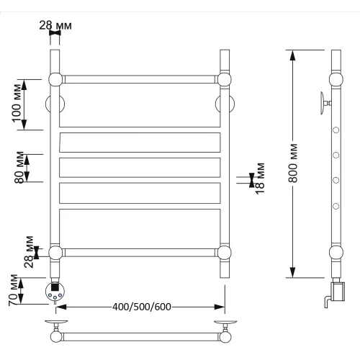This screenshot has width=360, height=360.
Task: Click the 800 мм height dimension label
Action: [x=294, y=163]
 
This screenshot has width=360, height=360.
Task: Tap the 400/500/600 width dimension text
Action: [x=142, y=307]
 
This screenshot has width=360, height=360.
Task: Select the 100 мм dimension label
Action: [x=17, y=103]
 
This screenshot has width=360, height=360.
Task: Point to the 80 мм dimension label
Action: [x=19, y=168]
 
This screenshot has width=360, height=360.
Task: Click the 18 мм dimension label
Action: [x=260, y=179]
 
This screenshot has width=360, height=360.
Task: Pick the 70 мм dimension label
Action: [x=13, y=290]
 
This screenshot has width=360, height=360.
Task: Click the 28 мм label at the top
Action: [x=55, y=25]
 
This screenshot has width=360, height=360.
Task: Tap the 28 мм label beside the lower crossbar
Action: [x=29, y=252]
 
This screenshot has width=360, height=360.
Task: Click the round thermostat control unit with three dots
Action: [x=55, y=291]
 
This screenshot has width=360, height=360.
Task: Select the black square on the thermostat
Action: [x=55, y=287]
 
